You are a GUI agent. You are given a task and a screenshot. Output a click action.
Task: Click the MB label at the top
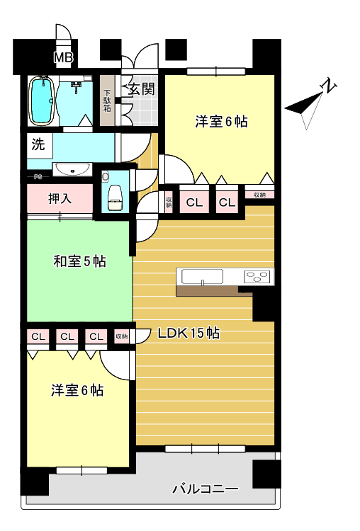coord(63,57)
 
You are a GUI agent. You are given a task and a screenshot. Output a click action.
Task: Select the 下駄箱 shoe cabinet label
coord(107,101)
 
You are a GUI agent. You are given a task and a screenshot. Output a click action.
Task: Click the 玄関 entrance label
coord(142,89)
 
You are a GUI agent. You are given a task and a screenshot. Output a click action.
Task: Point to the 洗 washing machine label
coord(38,145)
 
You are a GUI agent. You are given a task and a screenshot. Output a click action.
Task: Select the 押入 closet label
coord(60,198)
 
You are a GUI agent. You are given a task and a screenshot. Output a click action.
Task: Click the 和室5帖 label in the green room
coord(79,261)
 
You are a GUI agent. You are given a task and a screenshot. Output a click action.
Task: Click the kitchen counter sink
coord(203,277)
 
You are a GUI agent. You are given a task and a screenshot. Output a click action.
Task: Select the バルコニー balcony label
coord(205,489)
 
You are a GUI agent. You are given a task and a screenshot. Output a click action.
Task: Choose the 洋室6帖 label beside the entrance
coord(221,121)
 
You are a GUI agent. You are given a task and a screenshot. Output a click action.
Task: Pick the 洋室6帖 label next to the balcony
coord(77,390)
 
